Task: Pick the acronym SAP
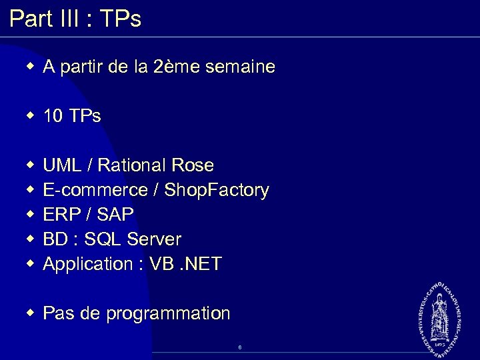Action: (x=115, y=215)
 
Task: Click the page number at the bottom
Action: (x=239, y=347)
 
